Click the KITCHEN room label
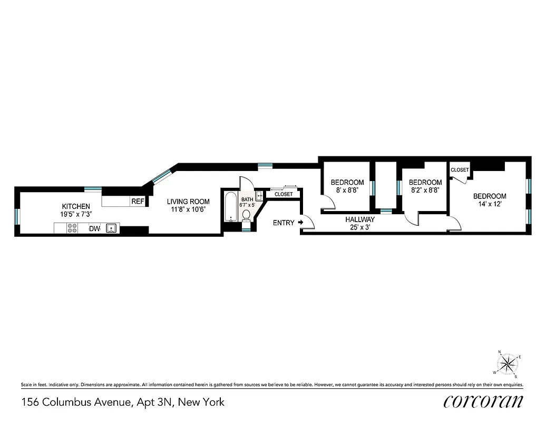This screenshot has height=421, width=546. tap(76, 206)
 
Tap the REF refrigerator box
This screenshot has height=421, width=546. tap(138, 201)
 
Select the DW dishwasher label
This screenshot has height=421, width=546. tap(94, 228)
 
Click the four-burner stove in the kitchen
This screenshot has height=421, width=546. tap(72, 228)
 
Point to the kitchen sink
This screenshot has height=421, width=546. tap(111, 228)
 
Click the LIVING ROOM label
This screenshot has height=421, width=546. tap(188, 201)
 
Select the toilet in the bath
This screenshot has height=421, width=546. tap(246, 215)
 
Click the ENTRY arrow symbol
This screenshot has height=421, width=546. tap(301, 223)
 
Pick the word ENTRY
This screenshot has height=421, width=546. tap(284, 223)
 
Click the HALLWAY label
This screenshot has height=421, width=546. tap(360, 219)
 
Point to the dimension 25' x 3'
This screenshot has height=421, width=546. tap(360, 227)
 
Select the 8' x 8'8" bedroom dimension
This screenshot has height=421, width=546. tap(347, 191)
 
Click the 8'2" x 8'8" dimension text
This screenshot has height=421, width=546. tap(425, 191)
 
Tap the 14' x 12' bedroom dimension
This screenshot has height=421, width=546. tap(489, 204)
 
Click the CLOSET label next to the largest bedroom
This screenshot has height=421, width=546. tap(460, 170)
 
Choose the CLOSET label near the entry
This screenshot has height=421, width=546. tap(284, 194)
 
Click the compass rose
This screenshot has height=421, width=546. tap(508, 363)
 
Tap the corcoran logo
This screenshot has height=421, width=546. tap(483, 402)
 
